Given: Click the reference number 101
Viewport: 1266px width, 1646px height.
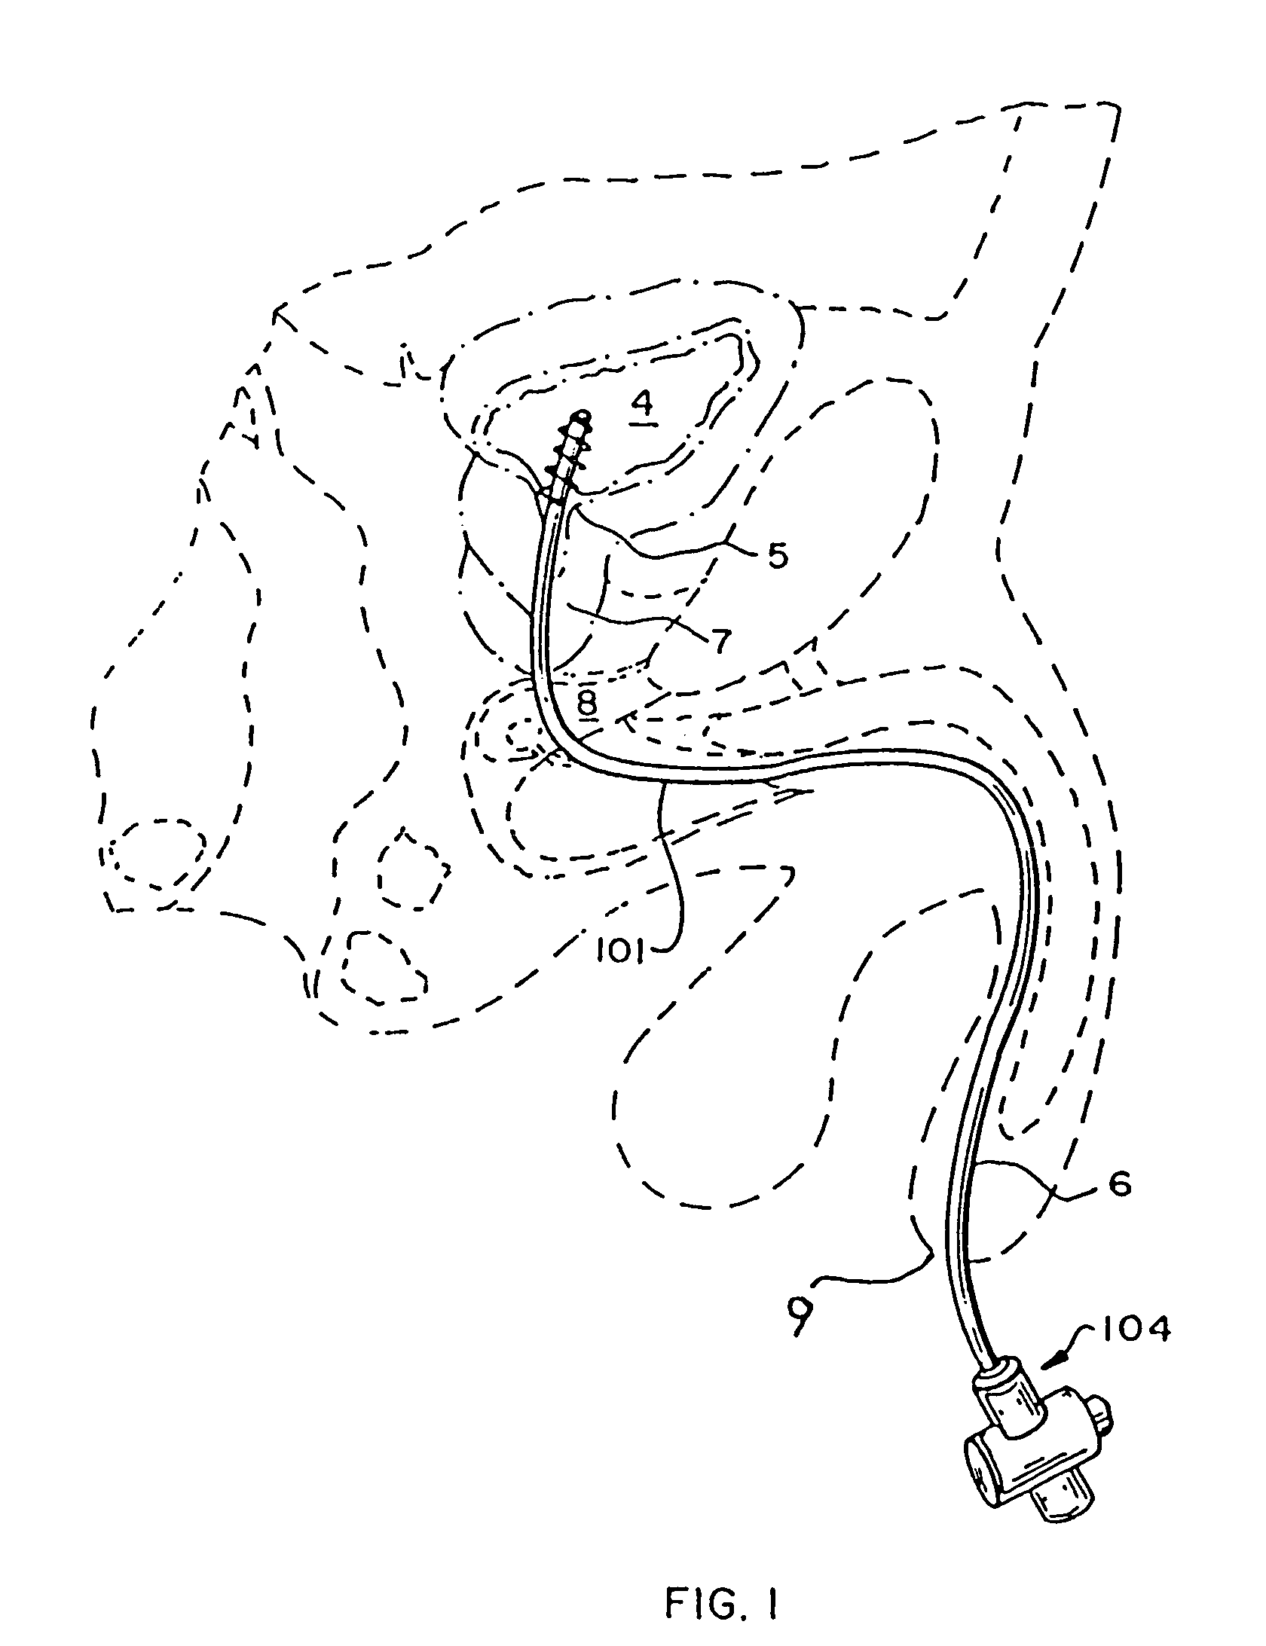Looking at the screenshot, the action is click(x=619, y=953).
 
